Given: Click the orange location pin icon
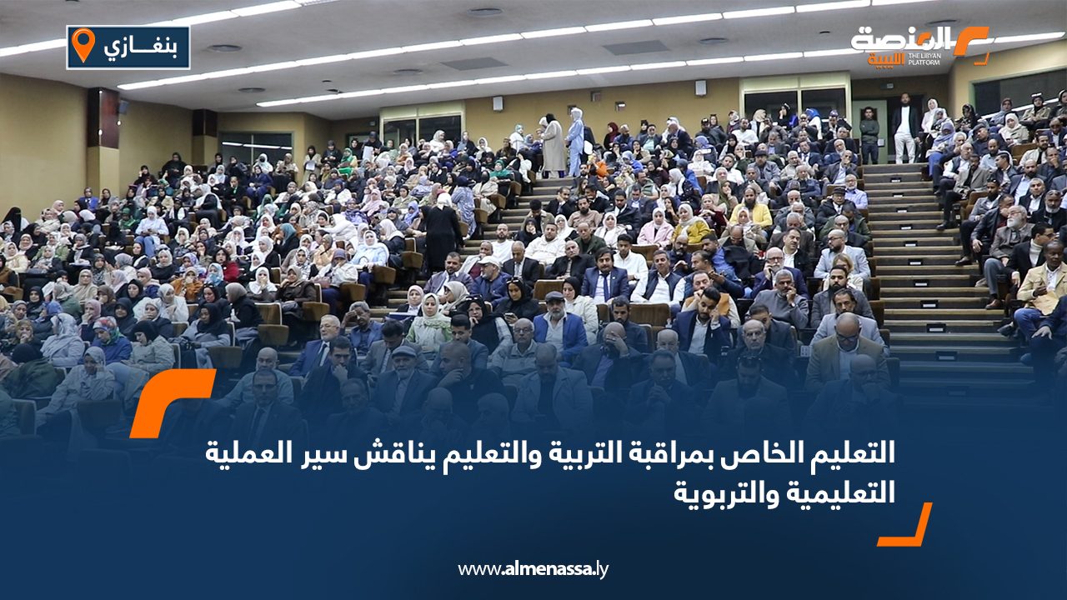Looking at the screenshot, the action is pos(83,44).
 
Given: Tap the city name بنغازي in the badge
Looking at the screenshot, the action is pos(141,47).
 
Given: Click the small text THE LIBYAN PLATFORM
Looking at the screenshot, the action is pos(924,59).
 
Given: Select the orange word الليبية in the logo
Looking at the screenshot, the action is pos(886,59).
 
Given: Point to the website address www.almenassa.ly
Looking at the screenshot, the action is pos(533,569).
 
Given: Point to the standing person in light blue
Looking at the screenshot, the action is pos(575,142).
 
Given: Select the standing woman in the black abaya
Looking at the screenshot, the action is pos(443,233).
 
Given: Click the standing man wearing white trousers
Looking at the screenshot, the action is pos(904,127).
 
